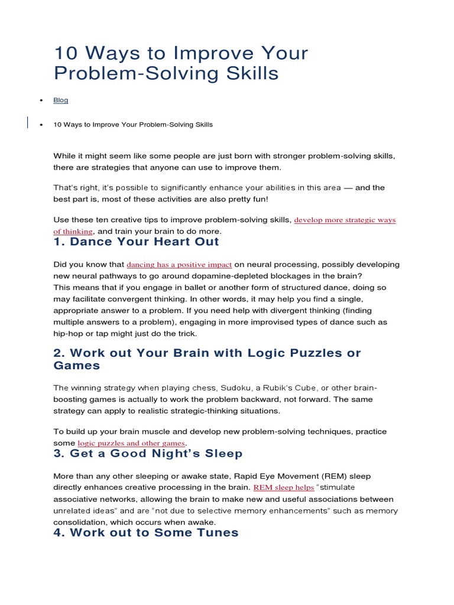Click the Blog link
pos(61,100)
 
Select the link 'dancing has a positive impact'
pos(179,265)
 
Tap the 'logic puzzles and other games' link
pos(132,443)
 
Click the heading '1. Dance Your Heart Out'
pos(136,242)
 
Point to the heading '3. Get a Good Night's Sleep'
pos(148,454)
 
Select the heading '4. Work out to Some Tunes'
pos(145,532)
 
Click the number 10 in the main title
pos(66,53)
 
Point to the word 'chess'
pos(204,388)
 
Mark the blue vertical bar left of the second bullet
pos(28,123)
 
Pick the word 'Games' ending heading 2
pos(77,366)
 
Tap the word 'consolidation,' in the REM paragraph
pos(80,522)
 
